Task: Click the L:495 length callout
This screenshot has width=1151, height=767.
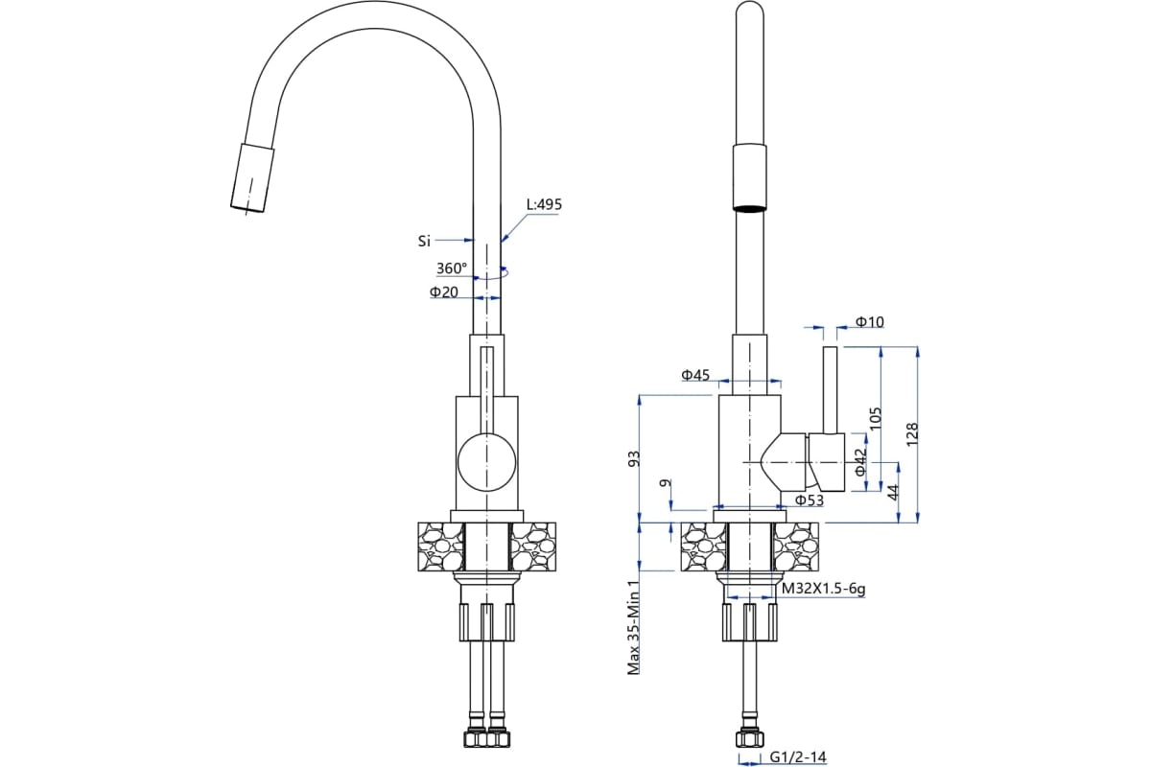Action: tap(544, 204)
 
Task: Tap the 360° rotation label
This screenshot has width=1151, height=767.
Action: tap(452, 268)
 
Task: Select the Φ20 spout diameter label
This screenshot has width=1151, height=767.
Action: tap(444, 292)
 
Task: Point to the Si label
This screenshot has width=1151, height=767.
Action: tap(424, 241)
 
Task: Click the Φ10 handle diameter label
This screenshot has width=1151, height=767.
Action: tap(869, 322)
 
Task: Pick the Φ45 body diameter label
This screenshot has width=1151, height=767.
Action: tap(696, 375)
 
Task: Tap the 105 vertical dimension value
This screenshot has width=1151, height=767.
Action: tap(874, 418)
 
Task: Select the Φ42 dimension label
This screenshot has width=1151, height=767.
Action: tap(860, 462)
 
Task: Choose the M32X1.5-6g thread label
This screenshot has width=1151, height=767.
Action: tap(823, 590)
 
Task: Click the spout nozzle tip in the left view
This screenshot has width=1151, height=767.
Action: tap(252, 178)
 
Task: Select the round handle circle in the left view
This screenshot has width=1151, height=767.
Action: tap(484, 460)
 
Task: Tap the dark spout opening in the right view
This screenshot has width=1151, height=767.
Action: tap(750, 207)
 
